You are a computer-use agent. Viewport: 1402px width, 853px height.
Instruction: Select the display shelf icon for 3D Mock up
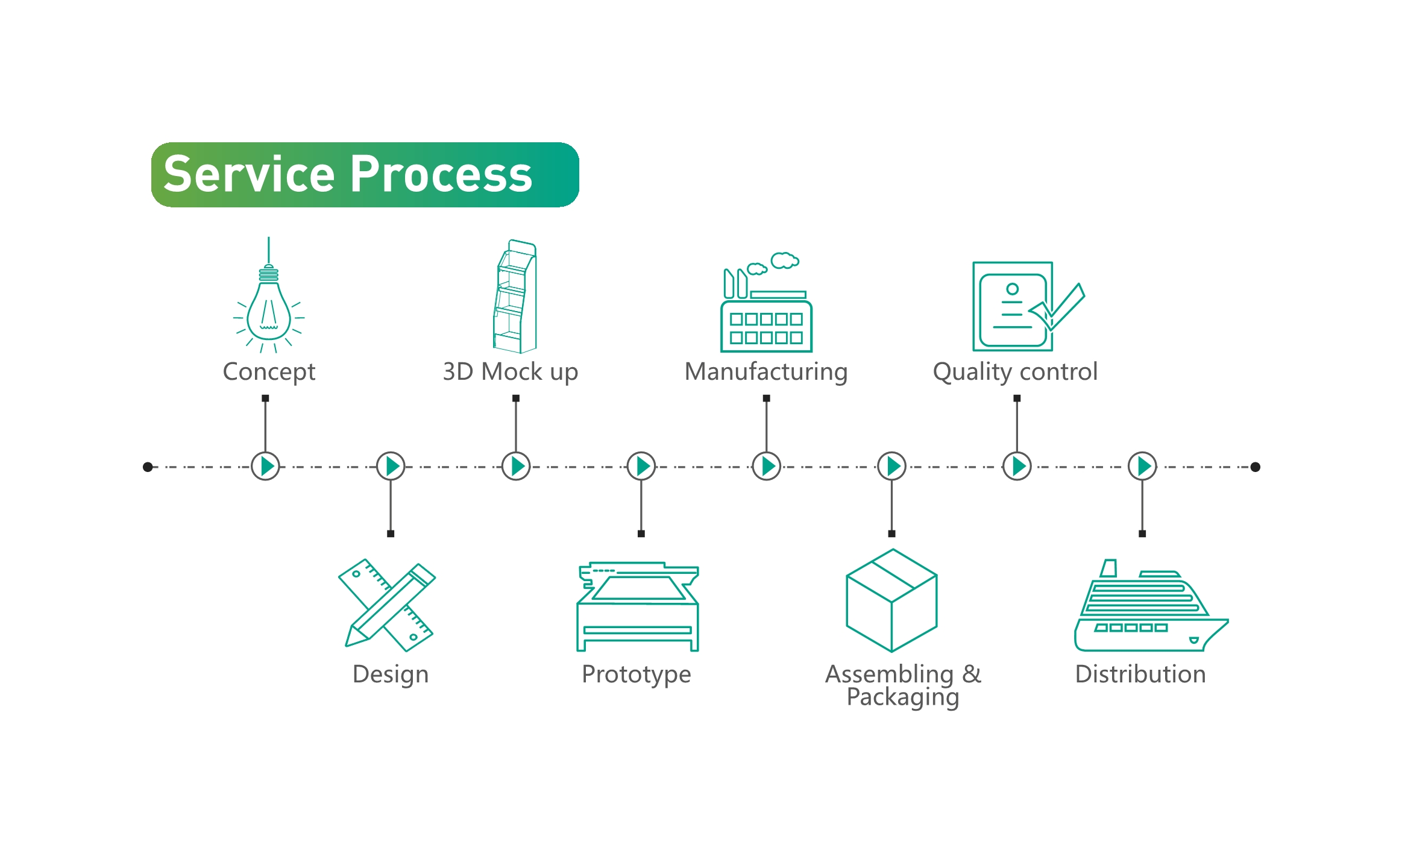515,297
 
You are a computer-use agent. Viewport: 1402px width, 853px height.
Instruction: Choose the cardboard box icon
891,600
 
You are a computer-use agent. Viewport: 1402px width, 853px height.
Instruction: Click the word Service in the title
248,175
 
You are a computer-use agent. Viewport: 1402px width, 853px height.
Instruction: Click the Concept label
269,372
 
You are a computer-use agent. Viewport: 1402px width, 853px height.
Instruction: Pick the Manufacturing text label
766,372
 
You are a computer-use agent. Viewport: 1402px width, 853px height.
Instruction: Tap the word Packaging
902,697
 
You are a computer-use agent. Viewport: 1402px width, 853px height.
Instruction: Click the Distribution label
1140,674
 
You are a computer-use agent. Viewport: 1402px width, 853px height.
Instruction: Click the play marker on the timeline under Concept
265,466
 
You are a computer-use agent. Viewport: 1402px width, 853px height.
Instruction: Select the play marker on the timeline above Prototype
641,466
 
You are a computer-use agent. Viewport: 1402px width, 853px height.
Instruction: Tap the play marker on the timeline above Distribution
1142,466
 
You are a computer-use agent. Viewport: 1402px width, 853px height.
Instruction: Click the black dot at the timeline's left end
148,467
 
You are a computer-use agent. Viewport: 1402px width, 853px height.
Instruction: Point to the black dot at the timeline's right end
1256,467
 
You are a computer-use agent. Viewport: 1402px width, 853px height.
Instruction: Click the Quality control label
1015,372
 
